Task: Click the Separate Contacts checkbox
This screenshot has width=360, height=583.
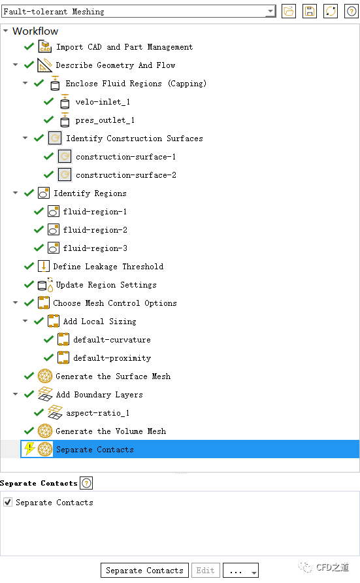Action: (8, 502)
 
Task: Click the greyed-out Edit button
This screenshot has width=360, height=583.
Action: (205, 571)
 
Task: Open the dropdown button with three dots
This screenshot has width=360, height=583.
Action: (240, 571)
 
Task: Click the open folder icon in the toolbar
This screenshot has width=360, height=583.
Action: (289, 12)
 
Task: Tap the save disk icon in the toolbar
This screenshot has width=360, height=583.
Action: (310, 12)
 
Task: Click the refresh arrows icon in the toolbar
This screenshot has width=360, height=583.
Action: (331, 12)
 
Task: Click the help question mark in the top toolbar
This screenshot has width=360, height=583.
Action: (352, 12)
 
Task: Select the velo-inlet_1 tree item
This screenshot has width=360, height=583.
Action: (103, 102)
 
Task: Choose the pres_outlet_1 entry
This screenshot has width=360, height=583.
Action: (105, 120)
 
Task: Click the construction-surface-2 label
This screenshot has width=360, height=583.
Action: (126, 175)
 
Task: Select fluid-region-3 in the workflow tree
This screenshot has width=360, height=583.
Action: (95, 248)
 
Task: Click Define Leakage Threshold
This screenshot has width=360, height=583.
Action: (108, 267)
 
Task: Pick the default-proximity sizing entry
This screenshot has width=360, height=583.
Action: (112, 358)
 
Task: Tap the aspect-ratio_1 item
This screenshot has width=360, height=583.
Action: (98, 412)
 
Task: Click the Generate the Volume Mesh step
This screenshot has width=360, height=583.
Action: (110, 431)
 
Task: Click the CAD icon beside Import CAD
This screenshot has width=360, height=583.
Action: (45, 47)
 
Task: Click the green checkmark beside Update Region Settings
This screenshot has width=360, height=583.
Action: (29, 284)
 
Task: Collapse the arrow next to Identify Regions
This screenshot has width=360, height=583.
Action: (15, 193)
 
